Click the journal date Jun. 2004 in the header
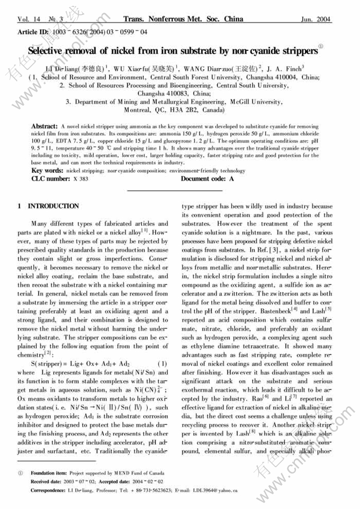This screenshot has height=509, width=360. (316, 20)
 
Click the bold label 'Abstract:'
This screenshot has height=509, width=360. (44, 127)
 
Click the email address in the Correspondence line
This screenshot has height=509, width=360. (213, 490)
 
